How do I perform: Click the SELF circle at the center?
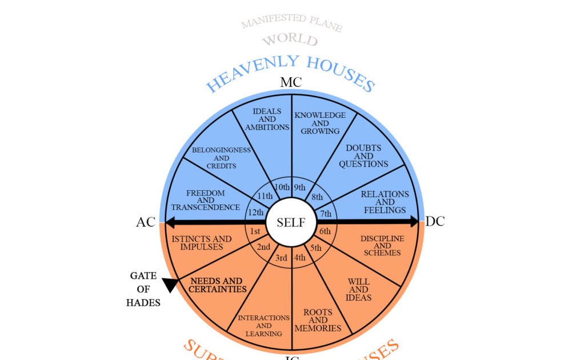click(x=291, y=222)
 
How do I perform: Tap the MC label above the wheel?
click(x=291, y=82)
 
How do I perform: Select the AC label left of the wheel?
click(x=146, y=222)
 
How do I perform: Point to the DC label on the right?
click(x=435, y=221)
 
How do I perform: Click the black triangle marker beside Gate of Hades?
click(x=170, y=285)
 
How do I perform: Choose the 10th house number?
click(x=282, y=187)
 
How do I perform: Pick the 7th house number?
click(x=326, y=214)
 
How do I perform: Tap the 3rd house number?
click(x=281, y=258)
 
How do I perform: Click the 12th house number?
click(x=255, y=213)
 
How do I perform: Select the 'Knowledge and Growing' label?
click(x=320, y=123)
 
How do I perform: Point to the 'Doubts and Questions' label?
click(x=363, y=156)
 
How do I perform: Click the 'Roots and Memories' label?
click(x=318, y=320)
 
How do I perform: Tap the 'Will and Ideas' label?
click(x=359, y=290)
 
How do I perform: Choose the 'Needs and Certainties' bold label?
click(x=216, y=285)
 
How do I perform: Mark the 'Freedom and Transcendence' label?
click(x=206, y=201)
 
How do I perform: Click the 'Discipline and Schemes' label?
click(x=382, y=245)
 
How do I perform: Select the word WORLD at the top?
click(x=290, y=40)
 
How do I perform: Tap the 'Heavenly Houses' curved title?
click(x=290, y=72)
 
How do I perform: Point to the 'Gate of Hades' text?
click(x=143, y=289)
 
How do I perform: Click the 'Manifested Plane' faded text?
click(x=291, y=23)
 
